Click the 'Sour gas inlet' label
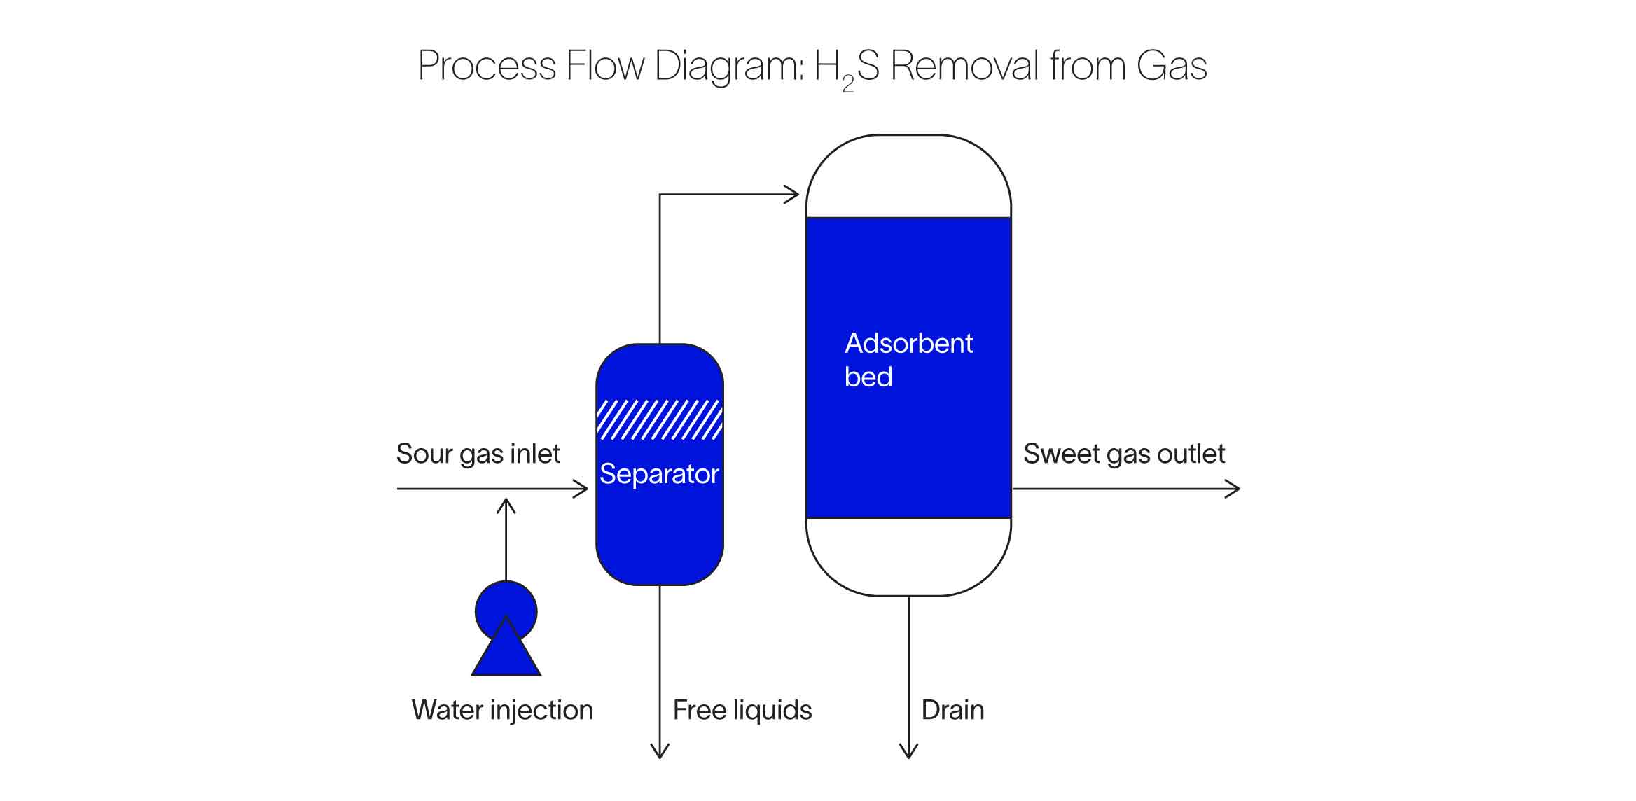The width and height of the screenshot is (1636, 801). (x=478, y=454)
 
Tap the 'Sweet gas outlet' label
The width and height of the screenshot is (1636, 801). (x=1123, y=454)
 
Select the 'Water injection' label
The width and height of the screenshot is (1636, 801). (x=501, y=710)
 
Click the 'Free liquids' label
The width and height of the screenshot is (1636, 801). (x=742, y=710)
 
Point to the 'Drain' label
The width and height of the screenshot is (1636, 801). (x=952, y=710)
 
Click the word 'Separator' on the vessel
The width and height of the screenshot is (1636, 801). (x=658, y=474)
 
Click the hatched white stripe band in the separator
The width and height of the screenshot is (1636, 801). (x=659, y=419)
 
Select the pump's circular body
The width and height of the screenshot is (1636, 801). (x=506, y=604)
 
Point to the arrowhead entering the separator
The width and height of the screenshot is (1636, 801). (x=582, y=489)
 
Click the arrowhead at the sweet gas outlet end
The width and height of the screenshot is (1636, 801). (x=1233, y=489)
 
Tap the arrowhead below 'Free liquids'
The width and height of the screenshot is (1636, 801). (x=660, y=751)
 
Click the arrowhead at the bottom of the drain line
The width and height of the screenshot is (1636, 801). (x=908, y=751)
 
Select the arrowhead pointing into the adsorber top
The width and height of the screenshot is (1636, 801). (x=792, y=195)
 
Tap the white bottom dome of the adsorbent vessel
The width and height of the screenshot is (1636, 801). (x=908, y=557)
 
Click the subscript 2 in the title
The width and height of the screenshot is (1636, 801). (x=847, y=85)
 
